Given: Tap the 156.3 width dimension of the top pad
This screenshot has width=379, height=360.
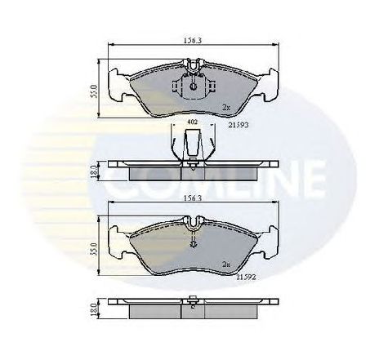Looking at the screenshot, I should coord(193,37).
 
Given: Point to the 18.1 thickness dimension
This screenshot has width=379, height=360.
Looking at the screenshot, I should coord(94,171).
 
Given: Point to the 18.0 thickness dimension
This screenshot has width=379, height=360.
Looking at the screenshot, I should coord(94,311).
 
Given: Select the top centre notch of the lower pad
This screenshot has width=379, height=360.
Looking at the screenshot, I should coord(193,220).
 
